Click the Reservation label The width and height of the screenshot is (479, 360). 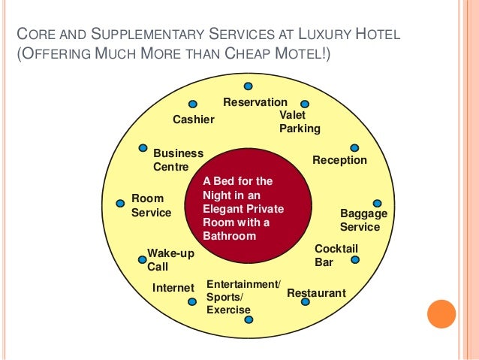pyautogui.click(x=255, y=102)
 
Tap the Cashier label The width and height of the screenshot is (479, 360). pyautogui.click(x=194, y=119)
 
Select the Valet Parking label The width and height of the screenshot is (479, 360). pyautogui.click(x=300, y=122)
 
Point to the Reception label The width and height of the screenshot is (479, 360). pyautogui.click(x=339, y=160)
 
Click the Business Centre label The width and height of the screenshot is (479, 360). pyautogui.click(x=178, y=160)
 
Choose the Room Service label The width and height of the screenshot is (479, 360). pyautogui.click(x=151, y=206)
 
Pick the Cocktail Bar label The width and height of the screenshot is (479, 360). pyautogui.click(x=336, y=256)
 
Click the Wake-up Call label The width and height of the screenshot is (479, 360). pyautogui.click(x=170, y=260)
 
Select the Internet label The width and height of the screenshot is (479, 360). pyautogui.click(x=173, y=288)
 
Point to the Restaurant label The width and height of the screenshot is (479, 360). pyautogui.click(x=316, y=293)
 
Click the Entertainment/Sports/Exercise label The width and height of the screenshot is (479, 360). pyautogui.click(x=243, y=297)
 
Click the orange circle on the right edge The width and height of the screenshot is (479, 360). pyautogui.click(x=441, y=314)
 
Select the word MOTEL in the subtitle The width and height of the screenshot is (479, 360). pyautogui.click(x=301, y=56)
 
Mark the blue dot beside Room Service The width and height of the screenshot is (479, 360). pyautogui.click(x=120, y=203)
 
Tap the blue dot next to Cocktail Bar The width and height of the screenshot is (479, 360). pyautogui.click(x=355, y=260)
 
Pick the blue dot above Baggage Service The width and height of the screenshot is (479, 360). pyautogui.click(x=377, y=203)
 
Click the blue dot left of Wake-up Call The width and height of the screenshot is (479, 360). pyautogui.click(x=142, y=260)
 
